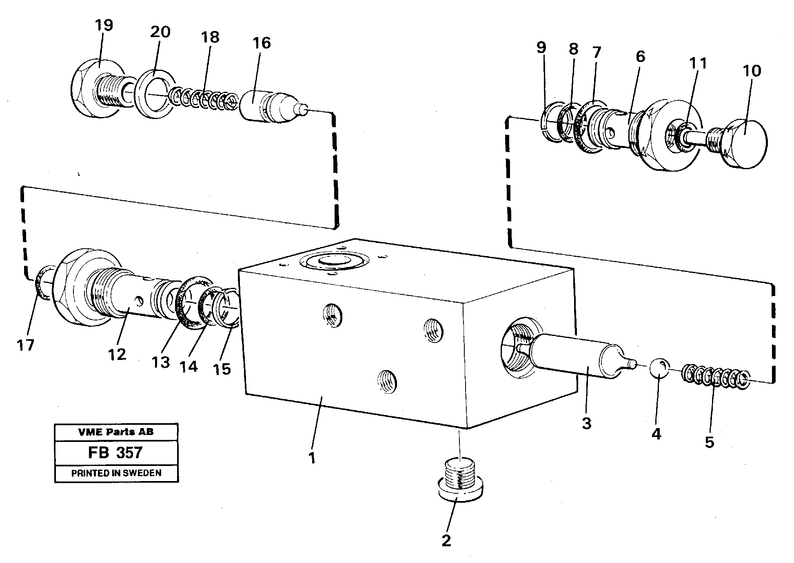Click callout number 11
[698, 64]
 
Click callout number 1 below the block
[312, 458]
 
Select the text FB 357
[115, 453]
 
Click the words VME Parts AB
[116, 432]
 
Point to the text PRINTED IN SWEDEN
[116, 473]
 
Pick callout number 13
[160, 362]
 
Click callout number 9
[541, 48]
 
